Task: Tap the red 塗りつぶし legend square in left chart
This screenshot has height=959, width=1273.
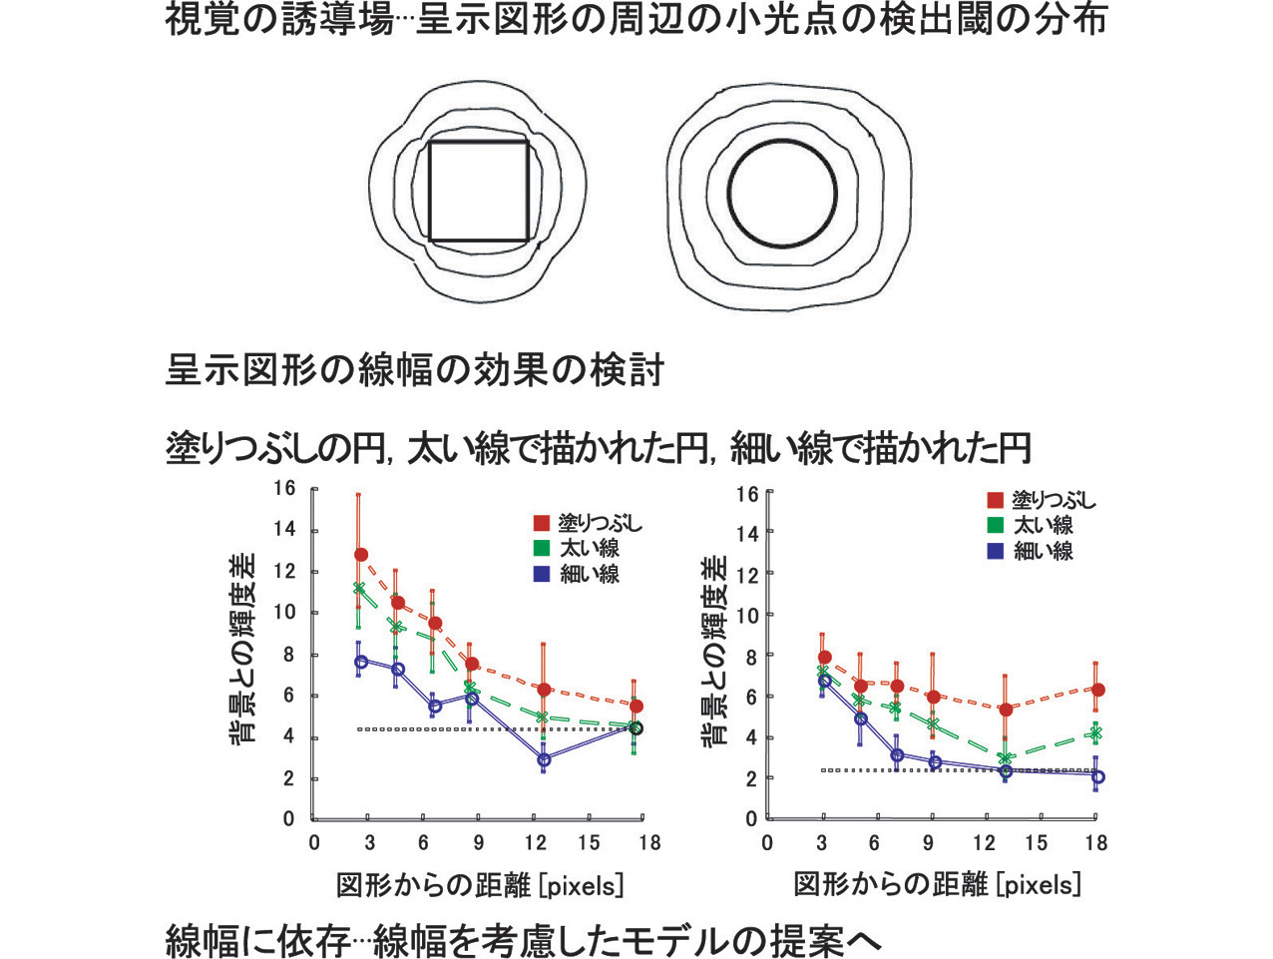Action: click(542, 523)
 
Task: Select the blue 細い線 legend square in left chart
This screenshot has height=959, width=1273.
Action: click(542, 574)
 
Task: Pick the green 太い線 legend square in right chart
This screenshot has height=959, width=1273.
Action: click(995, 525)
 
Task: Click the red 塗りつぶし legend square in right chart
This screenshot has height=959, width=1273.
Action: click(995, 500)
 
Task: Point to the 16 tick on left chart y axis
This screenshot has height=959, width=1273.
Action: click(285, 488)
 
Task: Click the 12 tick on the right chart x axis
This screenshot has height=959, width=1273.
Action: click(984, 843)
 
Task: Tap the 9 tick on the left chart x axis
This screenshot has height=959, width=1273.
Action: click(479, 843)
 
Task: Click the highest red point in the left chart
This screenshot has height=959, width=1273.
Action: click(361, 554)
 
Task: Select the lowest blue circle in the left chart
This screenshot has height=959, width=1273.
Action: click(544, 759)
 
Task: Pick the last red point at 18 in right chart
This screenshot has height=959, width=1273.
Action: click(1097, 690)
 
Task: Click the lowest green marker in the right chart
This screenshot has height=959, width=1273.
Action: click(1006, 758)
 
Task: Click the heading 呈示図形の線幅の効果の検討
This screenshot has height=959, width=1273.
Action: click(414, 370)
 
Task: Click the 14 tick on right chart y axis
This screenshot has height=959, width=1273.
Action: click(747, 534)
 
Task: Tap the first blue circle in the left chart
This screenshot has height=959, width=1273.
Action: click(361, 662)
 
